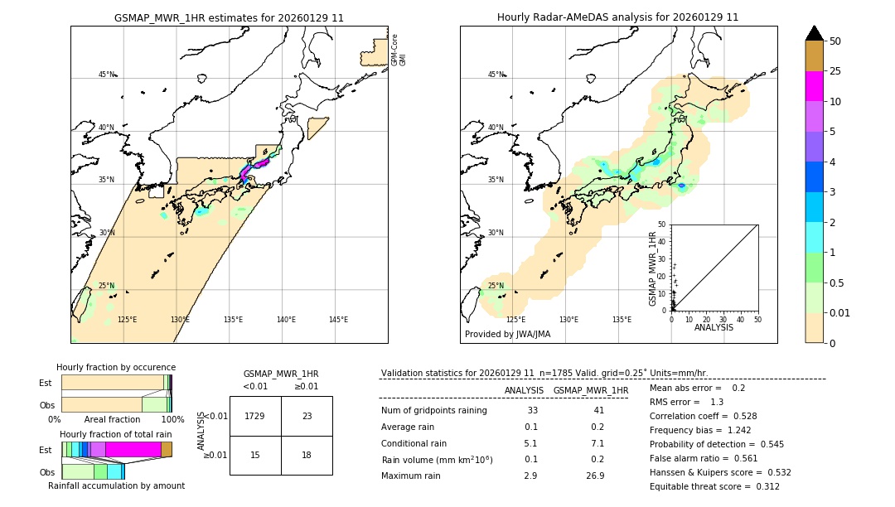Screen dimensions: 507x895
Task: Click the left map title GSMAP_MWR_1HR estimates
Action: pyautogui.click(x=229, y=17)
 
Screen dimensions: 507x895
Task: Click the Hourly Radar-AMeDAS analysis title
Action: pyautogui.click(x=617, y=17)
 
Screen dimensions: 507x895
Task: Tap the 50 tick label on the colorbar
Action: pyautogui.click(x=835, y=41)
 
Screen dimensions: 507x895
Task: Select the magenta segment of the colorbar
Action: pyautogui.click(x=814, y=87)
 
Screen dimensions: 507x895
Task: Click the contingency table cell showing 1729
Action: pyautogui.click(x=255, y=416)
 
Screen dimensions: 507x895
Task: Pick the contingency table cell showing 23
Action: pyautogui.click(x=307, y=416)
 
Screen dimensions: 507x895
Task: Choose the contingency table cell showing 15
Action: pyautogui.click(x=255, y=455)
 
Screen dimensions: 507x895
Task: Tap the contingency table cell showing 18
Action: pyautogui.click(x=307, y=455)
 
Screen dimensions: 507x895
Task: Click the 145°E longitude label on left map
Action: pyautogui.click(x=338, y=320)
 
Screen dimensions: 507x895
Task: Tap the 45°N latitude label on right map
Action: pyautogui.click(x=496, y=75)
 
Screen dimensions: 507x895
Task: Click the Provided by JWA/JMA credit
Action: pyautogui.click(x=507, y=335)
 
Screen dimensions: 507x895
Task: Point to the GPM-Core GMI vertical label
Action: pyautogui.click(x=399, y=50)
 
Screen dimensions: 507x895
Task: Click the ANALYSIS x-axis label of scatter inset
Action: pyautogui.click(x=714, y=327)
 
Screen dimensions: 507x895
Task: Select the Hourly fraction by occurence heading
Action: pyautogui.click(x=116, y=367)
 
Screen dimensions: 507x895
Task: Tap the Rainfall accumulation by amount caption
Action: pyautogui.click(x=116, y=485)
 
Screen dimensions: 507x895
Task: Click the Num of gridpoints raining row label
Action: pyautogui.click(x=434, y=410)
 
